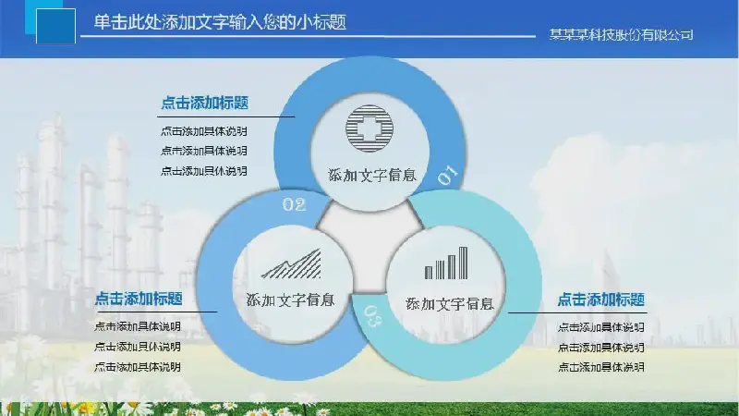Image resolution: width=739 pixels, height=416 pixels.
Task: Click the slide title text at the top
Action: (x=220, y=22)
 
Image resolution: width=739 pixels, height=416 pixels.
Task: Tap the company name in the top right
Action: (x=621, y=35)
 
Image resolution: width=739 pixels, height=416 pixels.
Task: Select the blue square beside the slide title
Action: (x=55, y=26)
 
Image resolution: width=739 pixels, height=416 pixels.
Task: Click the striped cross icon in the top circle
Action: (x=369, y=128)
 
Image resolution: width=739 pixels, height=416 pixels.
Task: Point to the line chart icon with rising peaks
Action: (x=292, y=263)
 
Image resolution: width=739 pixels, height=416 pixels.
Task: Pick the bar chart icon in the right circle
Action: (x=446, y=263)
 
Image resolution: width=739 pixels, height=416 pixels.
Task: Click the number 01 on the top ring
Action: (x=447, y=175)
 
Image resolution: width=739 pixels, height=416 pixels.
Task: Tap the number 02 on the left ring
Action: (x=294, y=204)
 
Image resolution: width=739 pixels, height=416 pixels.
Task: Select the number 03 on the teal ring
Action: (x=374, y=315)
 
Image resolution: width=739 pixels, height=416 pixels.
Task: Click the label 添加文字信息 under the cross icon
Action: (x=372, y=176)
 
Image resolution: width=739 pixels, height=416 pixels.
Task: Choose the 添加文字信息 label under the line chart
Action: (x=290, y=300)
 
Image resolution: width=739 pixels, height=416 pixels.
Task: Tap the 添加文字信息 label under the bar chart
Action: (x=450, y=304)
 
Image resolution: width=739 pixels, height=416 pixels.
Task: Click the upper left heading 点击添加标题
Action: (x=204, y=103)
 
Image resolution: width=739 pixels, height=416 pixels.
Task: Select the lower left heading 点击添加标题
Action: (x=139, y=299)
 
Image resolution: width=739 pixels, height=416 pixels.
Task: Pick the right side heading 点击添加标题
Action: (x=601, y=300)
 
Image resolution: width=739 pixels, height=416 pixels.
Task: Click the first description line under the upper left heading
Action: (x=203, y=131)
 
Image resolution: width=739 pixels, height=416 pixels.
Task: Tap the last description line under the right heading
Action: (x=601, y=367)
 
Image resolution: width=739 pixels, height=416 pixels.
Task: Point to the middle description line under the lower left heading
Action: (x=137, y=347)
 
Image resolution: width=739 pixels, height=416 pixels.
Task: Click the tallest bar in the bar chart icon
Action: (x=464, y=263)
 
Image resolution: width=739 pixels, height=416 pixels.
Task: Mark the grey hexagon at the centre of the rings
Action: (x=370, y=245)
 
